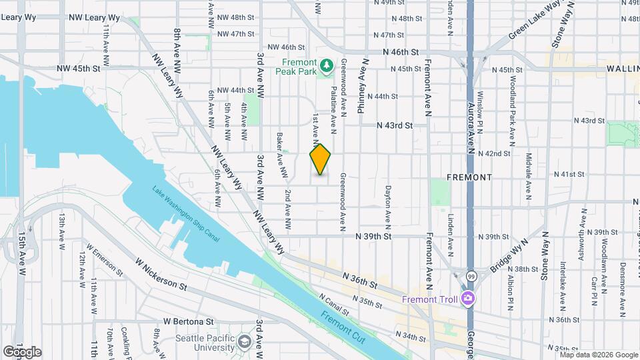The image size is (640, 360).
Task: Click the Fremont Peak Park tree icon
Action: click(327, 65)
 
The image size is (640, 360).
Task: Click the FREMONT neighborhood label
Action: click(469, 177)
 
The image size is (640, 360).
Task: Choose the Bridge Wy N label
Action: click(509, 254)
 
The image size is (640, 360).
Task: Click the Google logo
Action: click(22, 352)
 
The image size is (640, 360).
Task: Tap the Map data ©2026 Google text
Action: click(598, 355)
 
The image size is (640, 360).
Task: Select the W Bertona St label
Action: click(167, 321)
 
